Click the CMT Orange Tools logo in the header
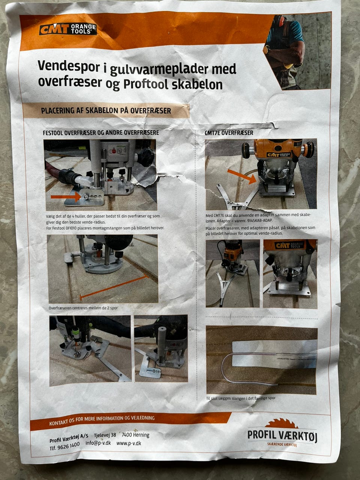[68, 29]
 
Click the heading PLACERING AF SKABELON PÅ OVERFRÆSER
[106, 111]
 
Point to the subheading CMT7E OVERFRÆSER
[229, 133]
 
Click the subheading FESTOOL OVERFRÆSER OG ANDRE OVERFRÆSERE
[101, 133]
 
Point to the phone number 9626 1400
[70, 444]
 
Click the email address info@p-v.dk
[98, 443]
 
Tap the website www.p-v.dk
[129, 443]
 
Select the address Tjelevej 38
[105, 435]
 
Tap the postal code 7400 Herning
[135, 435]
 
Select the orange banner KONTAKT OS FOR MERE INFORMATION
[102, 418]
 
